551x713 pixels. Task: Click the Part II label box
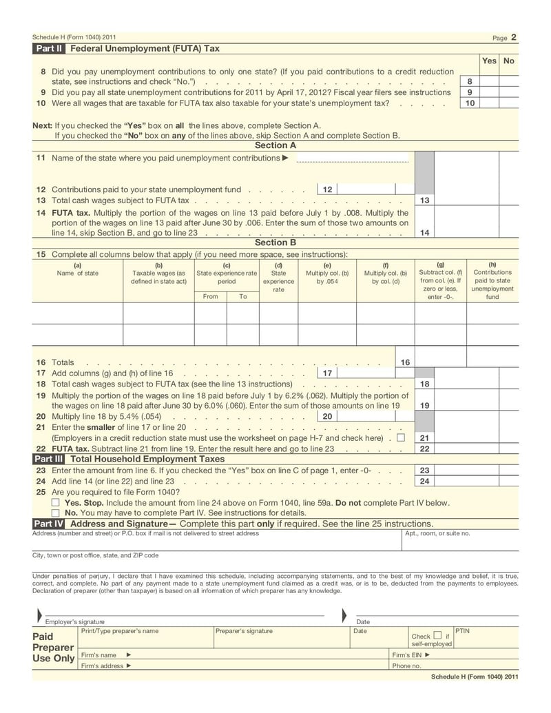(x=49, y=49)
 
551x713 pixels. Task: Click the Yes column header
(x=489, y=61)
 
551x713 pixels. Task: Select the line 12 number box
(x=327, y=189)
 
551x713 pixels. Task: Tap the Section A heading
(x=275, y=145)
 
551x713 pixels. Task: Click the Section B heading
(x=275, y=242)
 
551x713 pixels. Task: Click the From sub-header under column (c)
(x=210, y=296)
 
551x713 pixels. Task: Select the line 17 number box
(x=327, y=373)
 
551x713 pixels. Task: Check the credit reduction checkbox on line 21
(x=401, y=437)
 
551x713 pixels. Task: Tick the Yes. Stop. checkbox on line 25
(x=56, y=502)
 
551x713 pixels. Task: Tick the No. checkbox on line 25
(x=56, y=513)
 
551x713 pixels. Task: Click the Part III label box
(x=49, y=458)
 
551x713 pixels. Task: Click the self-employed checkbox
(x=437, y=635)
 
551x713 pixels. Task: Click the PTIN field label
(x=462, y=630)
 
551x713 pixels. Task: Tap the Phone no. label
(x=406, y=666)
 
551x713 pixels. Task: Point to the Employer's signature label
(x=75, y=622)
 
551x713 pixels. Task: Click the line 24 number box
(x=424, y=482)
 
